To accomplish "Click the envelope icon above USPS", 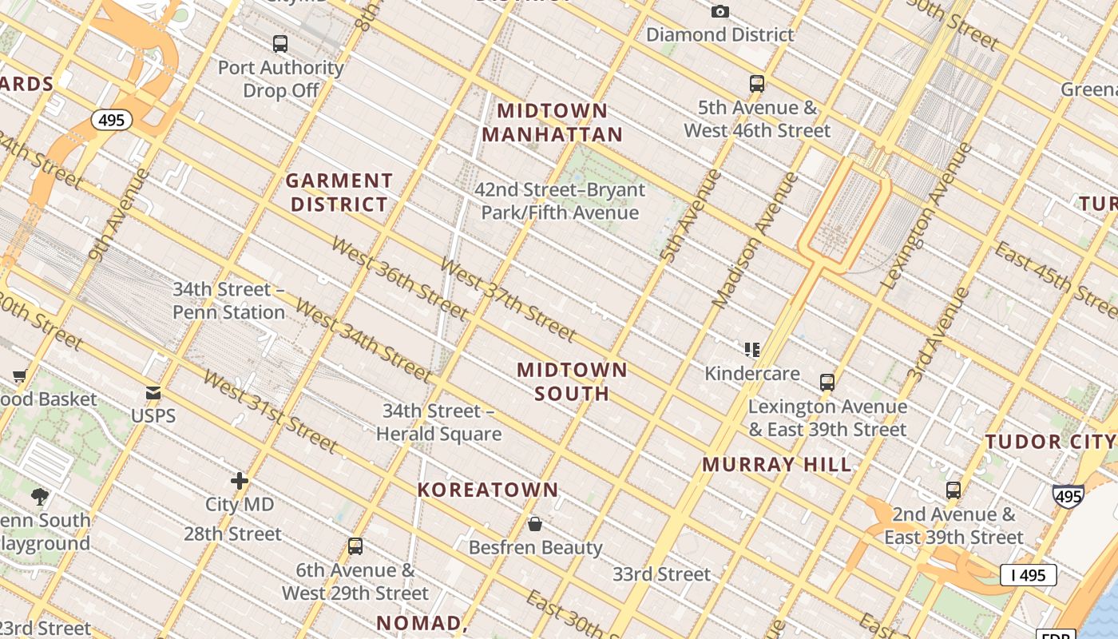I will click(153, 392).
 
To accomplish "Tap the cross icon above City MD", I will click(239, 481).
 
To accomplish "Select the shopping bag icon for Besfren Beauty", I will click(535, 524).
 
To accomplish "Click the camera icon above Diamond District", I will click(720, 11).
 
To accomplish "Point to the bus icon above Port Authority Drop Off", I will click(279, 44).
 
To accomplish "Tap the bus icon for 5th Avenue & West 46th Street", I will click(756, 84).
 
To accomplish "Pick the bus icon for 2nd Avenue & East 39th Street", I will click(953, 490).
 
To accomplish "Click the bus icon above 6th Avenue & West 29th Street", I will click(355, 546).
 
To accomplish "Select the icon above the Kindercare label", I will click(751, 350).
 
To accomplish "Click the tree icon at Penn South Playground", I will click(40, 497).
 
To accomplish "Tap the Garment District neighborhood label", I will click(339, 192).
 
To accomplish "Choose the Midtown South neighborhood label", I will click(572, 381).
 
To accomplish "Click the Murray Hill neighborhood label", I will click(777, 464).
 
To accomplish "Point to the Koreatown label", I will click(488, 490).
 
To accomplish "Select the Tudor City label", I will click(1049, 442).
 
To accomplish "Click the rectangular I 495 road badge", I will click(1028, 574).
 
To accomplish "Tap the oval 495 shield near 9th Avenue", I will click(112, 120).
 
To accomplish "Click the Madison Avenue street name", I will click(755, 240).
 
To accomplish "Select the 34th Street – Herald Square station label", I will click(438, 423).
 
